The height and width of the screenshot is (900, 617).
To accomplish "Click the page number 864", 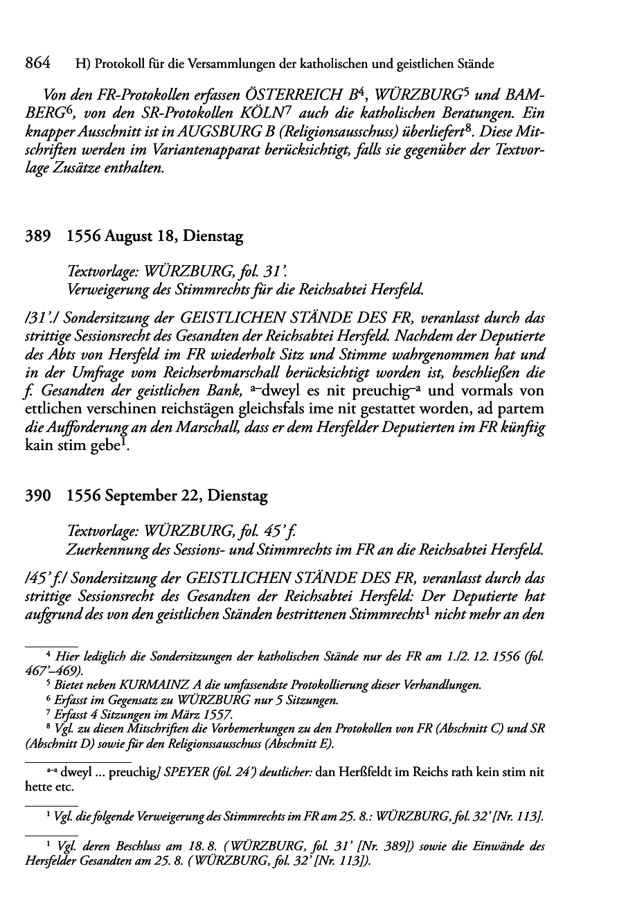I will click(37, 64).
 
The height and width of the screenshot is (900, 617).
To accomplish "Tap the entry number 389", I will click(37, 237).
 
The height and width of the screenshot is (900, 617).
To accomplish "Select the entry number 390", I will click(37, 496).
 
